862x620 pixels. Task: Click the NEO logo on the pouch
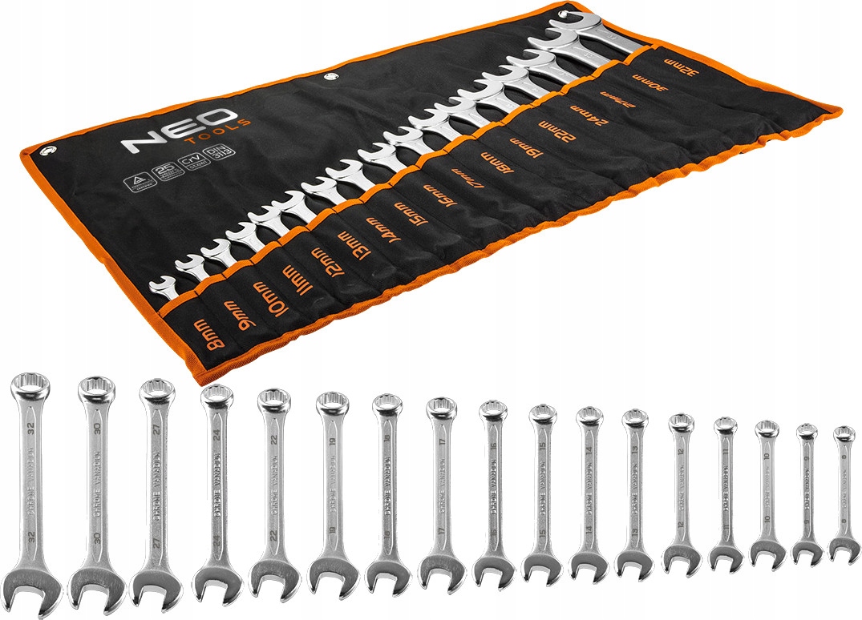click(x=176, y=131)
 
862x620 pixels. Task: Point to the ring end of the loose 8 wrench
click(x=844, y=434)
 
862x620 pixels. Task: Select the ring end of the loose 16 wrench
click(x=492, y=412)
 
